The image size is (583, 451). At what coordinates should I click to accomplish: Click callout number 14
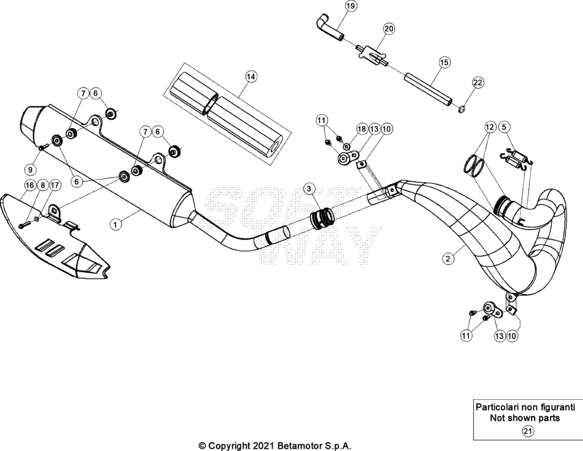pyautogui.click(x=251, y=77)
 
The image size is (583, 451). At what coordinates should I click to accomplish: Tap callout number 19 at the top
pyautogui.click(x=351, y=6)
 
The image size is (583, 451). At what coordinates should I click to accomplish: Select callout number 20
pyautogui.click(x=389, y=28)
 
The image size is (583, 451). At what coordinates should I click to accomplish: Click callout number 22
pyautogui.click(x=478, y=82)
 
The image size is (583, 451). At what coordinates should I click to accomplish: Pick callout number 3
pyautogui.click(x=309, y=189)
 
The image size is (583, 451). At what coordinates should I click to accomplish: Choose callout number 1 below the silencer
pyautogui.click(x=116, y=224)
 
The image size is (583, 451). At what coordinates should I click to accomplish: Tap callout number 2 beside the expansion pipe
pyautogui.click(x=449, y=259)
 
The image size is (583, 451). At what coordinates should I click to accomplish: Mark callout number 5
pyautogui.click(x=504, y=127)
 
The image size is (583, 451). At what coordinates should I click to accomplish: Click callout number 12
pyautogui.click(x=490, y=127)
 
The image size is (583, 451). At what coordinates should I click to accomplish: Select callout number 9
pyautogui.click(x=31, y=170)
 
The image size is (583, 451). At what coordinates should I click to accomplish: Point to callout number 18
pyautogui.click(x=362, y=129)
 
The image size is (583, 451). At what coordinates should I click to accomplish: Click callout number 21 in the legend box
pyautogui.click(x=528, y=431)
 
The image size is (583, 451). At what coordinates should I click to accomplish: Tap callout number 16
pyautogui.click(x=30, y=185)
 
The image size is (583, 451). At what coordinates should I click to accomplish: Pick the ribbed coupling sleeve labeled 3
pyautogui.click(x=321, y=218)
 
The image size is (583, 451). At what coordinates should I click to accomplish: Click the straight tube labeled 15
pyautogui.click(x=429, y=89)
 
